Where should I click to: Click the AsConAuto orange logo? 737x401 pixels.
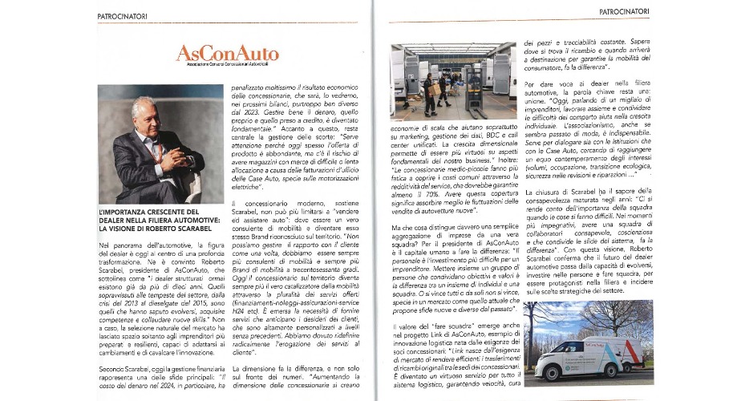[228, 54]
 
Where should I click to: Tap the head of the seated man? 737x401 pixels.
[145, 111]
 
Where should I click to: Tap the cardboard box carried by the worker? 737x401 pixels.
[434, 91]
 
